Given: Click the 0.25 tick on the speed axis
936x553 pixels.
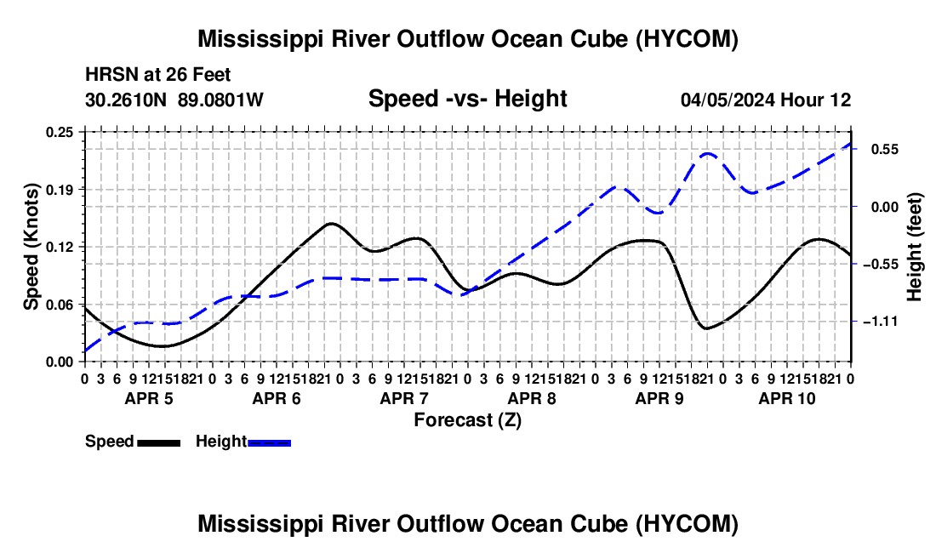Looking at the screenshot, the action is tap(59, 133).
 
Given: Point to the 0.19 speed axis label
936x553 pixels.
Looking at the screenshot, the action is tap(59, 190).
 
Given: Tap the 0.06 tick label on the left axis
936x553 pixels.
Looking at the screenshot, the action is tap(59, 305).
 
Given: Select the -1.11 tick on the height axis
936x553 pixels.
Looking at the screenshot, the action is tap(881, 322).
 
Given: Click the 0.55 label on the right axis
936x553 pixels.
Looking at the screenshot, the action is tap(885, 149).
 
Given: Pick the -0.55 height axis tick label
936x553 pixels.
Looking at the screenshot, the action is tap(881, 265).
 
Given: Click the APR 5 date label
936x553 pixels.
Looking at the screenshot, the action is tap(149, 398).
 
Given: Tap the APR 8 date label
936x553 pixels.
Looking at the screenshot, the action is tap(532, 398).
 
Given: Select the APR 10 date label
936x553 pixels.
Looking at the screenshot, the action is tap(787, 398).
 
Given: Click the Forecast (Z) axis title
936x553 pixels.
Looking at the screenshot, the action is tap(468, 420).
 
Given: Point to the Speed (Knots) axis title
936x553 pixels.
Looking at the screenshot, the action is tap(31, 247).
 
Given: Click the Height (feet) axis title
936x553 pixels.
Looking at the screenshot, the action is tap(914, 247).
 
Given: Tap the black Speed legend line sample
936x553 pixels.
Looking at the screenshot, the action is tap(159, 442).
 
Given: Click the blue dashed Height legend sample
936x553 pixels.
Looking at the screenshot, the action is tap(269, 442).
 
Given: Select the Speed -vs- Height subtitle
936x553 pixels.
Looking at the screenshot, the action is tap(468, 99).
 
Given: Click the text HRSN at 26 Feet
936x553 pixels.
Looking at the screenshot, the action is tap(157, 75).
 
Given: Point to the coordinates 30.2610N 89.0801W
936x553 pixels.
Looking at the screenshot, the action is tap(174, 100).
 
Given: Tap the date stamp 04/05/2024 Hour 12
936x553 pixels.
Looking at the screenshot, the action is tap(766, 100).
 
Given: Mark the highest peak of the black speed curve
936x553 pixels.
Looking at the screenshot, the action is tap(331, 224).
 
